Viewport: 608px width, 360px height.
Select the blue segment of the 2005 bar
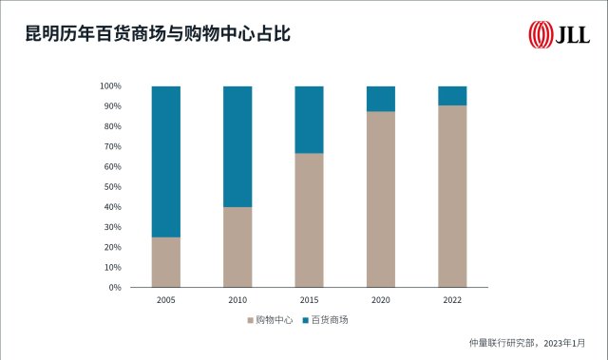[166, 161]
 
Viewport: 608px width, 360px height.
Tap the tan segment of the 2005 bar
[166, 262]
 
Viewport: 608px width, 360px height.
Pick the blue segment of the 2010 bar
[237, 146]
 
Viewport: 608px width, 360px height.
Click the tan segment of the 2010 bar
[237, 247]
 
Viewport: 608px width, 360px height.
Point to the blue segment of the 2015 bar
[309, 120]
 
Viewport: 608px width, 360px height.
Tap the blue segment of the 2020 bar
[381, 99]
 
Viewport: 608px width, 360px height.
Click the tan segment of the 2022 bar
[452, 197]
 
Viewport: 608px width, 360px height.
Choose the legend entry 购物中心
[272, 320]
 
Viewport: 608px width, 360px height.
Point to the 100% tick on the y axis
[110, 86]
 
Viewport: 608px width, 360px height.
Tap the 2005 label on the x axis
[166, 300]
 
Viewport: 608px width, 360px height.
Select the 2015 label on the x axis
[309, 300]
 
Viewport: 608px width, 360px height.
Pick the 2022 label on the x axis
[452, 300]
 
